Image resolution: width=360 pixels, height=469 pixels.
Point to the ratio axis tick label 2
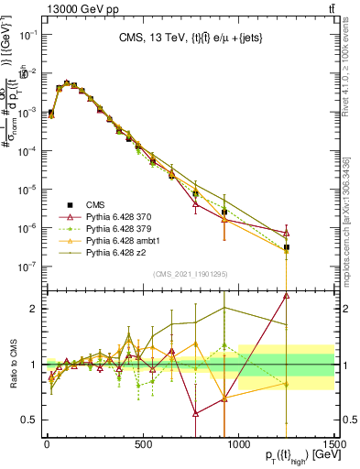tap(35, 309)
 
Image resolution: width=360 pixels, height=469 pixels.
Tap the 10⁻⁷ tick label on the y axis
tap(27, 267)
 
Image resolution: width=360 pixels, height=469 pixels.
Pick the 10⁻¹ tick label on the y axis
tap(27, 35)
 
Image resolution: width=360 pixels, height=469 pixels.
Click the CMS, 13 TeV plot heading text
tap(191, 38)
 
